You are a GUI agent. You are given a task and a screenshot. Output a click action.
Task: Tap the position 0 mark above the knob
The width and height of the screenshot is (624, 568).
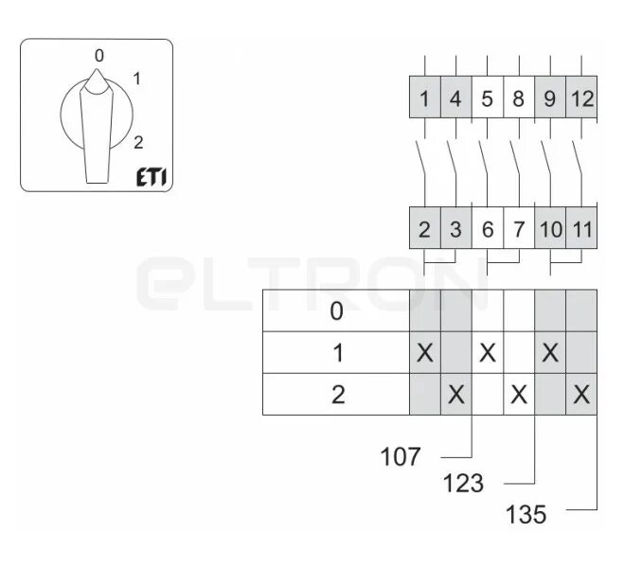(98, 56)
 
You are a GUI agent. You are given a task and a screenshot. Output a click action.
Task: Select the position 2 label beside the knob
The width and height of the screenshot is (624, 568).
(138, 143)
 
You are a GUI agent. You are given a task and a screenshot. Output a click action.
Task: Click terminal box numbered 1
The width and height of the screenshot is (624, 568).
(425, 98)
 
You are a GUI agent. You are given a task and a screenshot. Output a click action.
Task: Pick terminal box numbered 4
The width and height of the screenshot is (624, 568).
(455, 98)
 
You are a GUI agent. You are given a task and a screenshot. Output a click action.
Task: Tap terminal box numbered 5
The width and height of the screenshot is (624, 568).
(487, 98)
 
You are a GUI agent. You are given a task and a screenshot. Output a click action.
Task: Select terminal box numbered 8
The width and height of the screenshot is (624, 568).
(518, 98)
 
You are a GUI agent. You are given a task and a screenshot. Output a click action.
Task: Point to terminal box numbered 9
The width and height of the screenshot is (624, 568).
(549, 98)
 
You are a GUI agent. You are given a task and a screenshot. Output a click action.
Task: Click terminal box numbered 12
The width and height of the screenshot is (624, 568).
(581, 98)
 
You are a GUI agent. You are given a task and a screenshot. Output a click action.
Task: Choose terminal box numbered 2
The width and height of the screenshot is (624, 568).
(425, 228)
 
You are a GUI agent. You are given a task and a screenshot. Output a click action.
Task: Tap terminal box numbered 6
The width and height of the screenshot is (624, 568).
(487, 228)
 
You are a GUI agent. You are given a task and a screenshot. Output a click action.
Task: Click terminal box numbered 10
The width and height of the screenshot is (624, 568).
(549, 228)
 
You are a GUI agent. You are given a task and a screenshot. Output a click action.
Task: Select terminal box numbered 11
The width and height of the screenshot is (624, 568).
(581, 228)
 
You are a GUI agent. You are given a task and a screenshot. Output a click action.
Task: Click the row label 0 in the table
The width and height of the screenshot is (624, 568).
(336, 311)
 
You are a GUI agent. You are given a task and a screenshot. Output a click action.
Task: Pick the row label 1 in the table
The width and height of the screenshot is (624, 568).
(336, 353)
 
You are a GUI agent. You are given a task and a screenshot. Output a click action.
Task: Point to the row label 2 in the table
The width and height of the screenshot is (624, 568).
(336, 395)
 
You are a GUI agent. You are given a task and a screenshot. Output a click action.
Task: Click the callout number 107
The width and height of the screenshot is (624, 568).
(401, 457)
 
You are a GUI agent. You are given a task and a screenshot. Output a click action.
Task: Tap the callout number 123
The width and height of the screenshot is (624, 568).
(463, 484)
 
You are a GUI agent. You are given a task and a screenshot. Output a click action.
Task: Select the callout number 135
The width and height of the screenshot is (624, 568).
(526, 515)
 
